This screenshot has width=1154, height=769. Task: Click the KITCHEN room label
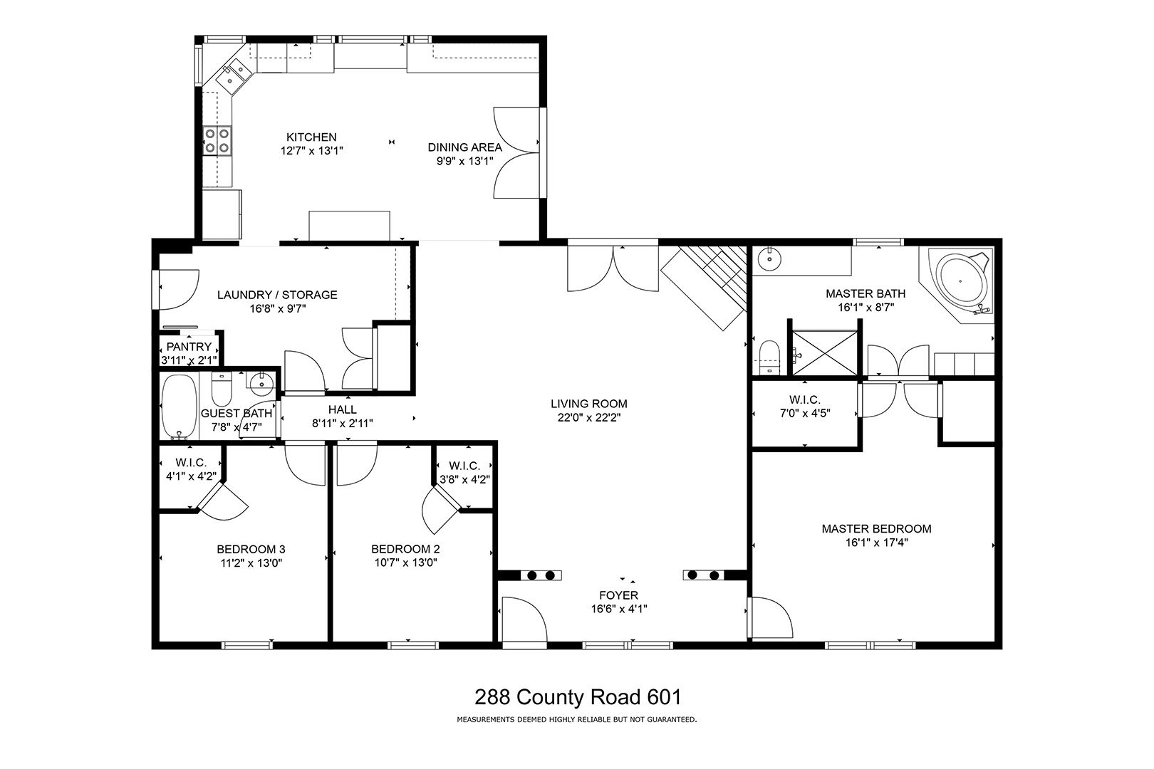click(311, 137)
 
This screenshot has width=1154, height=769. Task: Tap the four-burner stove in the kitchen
click(217, 140)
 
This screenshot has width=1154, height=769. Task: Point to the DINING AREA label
click(464, 147)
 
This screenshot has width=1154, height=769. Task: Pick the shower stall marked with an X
click(824, 353)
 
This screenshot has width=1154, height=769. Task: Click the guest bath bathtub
click(180, 407)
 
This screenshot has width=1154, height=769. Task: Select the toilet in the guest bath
click(222, 389)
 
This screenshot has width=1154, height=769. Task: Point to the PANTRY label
click(189, 347)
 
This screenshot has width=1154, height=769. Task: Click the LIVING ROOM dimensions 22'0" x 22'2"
click(589, 417)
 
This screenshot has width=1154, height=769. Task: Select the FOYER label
click(619, 595)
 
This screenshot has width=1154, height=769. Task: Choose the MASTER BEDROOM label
click(876, 528)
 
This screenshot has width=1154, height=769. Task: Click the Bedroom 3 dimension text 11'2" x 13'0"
click(251, 563)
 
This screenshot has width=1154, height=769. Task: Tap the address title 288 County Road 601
click(578, 697)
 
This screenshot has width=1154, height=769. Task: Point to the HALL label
click(343, 409)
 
